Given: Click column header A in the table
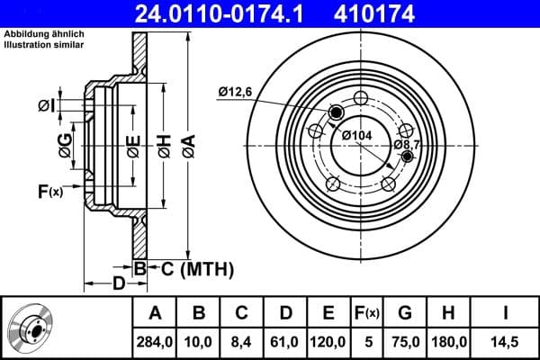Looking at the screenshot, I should tap(156, 313).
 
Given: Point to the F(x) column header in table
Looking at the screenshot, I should tap(367, 313).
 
